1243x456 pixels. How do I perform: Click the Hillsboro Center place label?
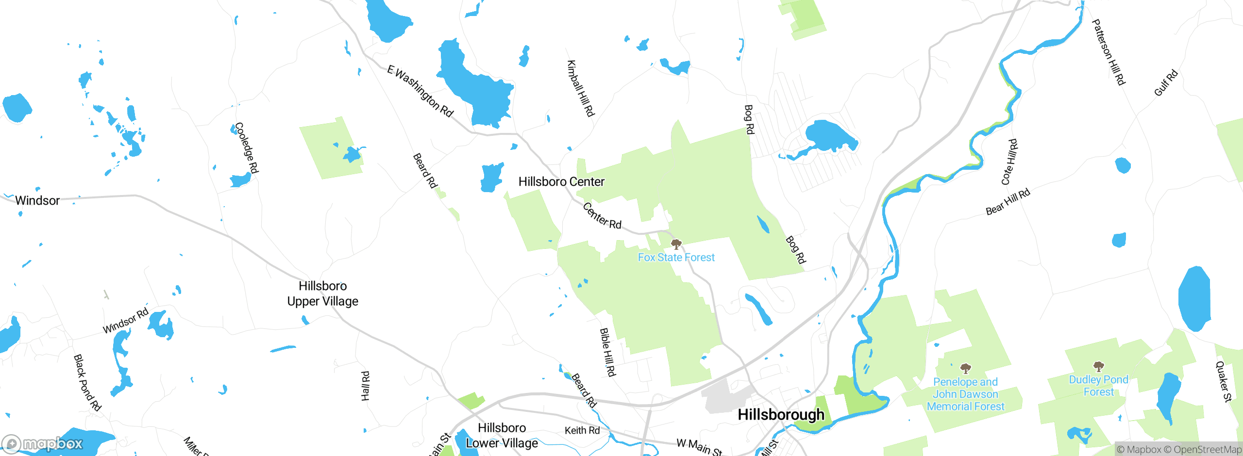click(x=561, y=182)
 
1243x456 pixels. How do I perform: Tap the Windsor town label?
click(x=37, y=201)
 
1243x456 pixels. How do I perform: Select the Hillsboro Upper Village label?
click(x=323, y=293)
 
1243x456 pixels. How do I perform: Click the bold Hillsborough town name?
click(x=781, y=415)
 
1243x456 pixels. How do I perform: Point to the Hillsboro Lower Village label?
click(x=502, y=436)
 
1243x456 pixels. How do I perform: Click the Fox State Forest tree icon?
click(x=676, y=244)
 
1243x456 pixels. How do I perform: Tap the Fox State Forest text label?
click(x=676, y=258)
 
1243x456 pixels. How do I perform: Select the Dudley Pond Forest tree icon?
click(x=1098, y=366)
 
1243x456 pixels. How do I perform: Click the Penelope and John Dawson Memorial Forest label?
click(x=965, y=394)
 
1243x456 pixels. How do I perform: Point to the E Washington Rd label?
click(x=420, y=91)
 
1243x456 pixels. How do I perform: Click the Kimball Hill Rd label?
click(x=581, y=88)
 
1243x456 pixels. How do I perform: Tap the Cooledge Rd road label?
click(x=247, y=147)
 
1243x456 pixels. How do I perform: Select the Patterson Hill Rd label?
click(x=1109, y=52)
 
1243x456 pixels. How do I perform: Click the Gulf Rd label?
click(x=1165, y=83)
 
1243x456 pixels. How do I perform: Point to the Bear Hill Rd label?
click(x=1008, y=202)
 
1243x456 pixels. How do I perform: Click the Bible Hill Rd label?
click(x=607, y=352)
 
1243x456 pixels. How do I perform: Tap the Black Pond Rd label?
click(x=87, y=383)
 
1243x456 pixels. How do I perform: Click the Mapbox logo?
click(x=43, y=444)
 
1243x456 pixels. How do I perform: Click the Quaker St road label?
click(x=1224, y=382)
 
